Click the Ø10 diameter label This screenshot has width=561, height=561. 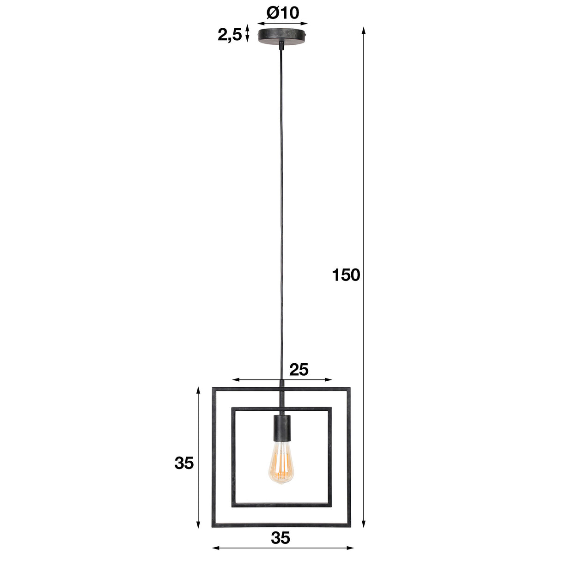click(x=282, y=12)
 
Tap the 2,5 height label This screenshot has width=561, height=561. click(x=230, y=35)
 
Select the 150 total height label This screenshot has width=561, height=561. click(x=346, y=275)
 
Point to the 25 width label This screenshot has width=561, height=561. click(x=299, y=369)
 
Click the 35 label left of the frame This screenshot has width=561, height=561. click(x=184, y=463)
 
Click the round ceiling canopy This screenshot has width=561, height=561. click(x=282, y=36)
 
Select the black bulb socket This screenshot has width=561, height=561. click(x=281, y=427)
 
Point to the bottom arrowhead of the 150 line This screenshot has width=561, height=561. click(x=364, y=524)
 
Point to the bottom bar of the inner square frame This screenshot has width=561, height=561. click(x=281, y=506)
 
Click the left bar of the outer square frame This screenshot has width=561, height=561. click(x=214, y=457)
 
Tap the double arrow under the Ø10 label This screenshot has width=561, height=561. click(x=282, y=22)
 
